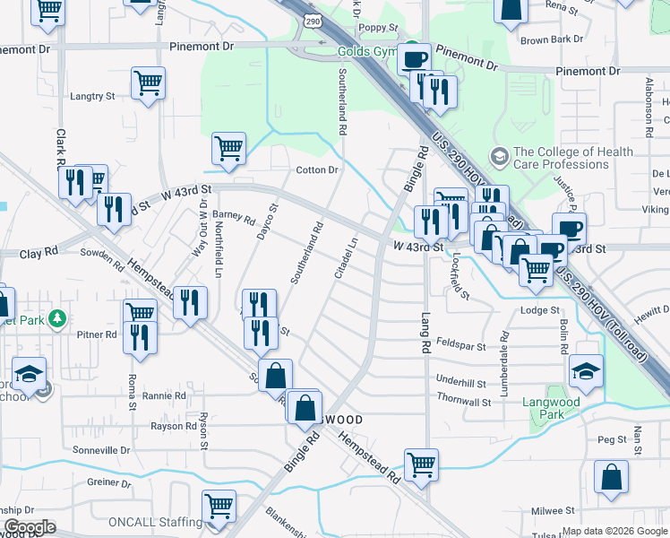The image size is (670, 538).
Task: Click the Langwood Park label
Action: pyautogui.click(x=551, y=408)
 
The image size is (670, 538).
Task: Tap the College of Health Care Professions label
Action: pyautogui.click(x=561, y=158)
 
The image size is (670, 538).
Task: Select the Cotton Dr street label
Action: pyautogui.click(x=317, y=170)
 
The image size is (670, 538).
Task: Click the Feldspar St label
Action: pyautogui.click(x=461, y=346)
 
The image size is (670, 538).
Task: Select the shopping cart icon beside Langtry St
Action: pyautogui.click(x=148, y=83)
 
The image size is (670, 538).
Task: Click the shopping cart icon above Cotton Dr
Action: pyautogui.click(x=228, y=148)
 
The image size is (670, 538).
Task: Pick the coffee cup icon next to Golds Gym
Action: pyautogui.click(x=414, y=59)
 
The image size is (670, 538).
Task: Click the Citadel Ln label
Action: pyautogui.click(x=347, y=256)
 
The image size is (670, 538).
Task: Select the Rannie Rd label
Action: pyautogui.click(x=163, y=395)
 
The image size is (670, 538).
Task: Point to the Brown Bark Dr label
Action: pyautogui.click(x=551, y=39)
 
